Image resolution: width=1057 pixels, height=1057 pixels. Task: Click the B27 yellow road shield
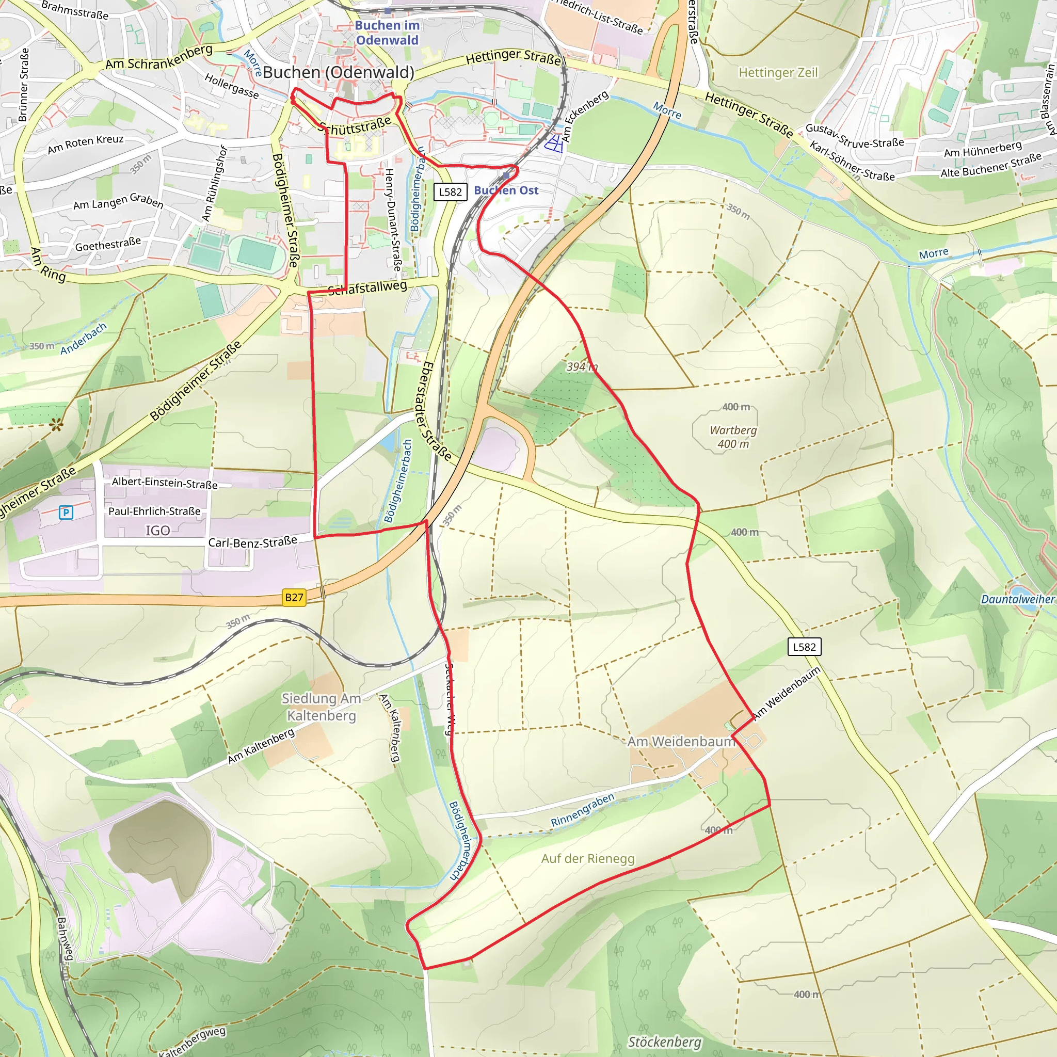tap(294, 597)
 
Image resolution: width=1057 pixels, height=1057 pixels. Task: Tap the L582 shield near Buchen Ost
tap(450, 192)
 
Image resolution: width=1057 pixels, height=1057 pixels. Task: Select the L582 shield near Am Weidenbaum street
tap(804, 647)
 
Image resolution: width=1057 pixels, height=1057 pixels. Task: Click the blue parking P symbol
tap(66, 513)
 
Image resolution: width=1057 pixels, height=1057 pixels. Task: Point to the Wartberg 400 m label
tap(733, 437)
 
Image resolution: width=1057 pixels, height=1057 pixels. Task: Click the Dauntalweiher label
tap(1017, 599)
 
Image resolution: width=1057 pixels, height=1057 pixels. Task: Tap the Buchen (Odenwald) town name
tap(338, 72)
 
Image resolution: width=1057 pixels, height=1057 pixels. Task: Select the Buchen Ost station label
tap(506, 190)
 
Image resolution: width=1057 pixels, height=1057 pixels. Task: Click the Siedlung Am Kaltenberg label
tap(321, 707)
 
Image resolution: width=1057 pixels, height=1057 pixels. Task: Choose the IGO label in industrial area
tap(157, 530)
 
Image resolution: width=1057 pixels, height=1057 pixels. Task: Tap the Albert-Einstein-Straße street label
tap(165, 483)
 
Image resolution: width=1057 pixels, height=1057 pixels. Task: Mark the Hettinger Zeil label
tap(777, 73)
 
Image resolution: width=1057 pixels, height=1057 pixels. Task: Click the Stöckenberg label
tap(664, 1042)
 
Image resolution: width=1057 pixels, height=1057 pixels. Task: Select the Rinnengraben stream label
tap(583, 810)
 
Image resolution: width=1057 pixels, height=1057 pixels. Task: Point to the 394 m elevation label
tap(582, 366)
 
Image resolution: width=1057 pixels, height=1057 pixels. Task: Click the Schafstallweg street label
tap(367, 287)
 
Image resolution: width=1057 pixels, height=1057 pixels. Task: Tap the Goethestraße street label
tap(108, 244)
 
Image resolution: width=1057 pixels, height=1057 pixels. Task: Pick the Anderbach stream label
tap(83, 339)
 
